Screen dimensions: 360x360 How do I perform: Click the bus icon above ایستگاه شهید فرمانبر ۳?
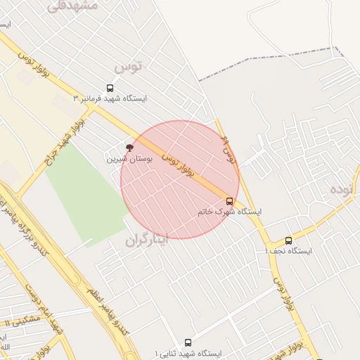pyautogui.click(x=110, y=88)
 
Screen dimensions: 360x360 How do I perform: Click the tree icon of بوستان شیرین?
pyautogui.click(x=129, y=148)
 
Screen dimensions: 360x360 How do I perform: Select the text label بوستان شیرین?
pyautogui.click(x=129, y=160)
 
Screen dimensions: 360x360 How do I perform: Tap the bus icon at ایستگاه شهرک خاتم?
pyautogui.click(x=229, y=201)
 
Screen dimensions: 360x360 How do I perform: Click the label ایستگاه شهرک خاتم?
pyautogui.click(x=229, y=212)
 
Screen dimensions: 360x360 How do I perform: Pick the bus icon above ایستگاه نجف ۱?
pyautogui.click(x=288, y=240)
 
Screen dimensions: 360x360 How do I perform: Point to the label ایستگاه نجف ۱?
pyautogui.click(x=288, y=251)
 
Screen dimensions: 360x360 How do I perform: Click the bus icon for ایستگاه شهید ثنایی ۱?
pyautogui.click(x=187, y=342)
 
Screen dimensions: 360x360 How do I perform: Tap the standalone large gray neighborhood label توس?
pyautogui.click(x=127, y=67)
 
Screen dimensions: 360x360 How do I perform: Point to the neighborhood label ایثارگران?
pyautogui.click(x=148, y=240)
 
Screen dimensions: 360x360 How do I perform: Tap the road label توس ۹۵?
pyautogui.click(x=227, y=150)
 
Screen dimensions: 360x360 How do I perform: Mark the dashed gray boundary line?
pyautogui.click(x=267, y=63)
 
